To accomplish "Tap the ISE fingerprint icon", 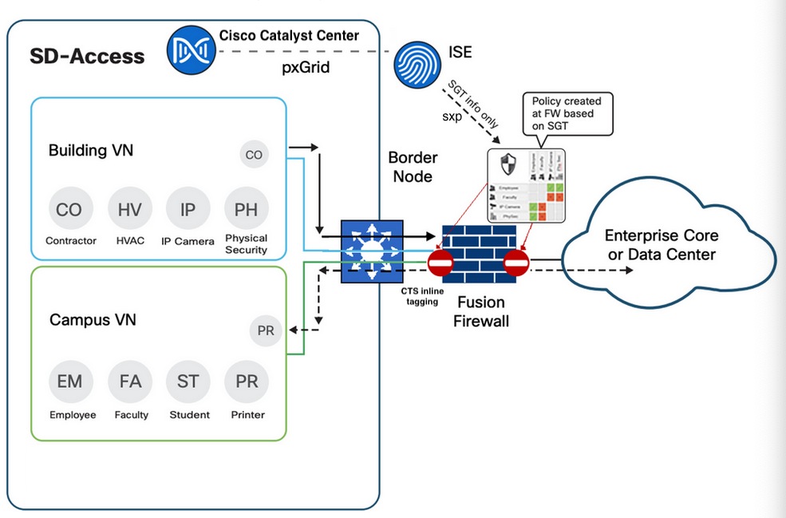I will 417,65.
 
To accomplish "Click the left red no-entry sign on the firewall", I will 441,263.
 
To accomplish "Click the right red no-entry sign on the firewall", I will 515,263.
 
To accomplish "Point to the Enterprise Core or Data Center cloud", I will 661,246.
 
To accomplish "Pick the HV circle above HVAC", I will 129,210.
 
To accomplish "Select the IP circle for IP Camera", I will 188,210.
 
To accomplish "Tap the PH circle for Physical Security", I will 246,210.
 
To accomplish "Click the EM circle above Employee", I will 70,382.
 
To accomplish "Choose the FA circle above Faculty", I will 129,382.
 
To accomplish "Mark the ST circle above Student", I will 188,382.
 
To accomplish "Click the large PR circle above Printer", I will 246,382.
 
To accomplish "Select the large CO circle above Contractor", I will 70,210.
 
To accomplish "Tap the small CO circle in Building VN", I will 254,155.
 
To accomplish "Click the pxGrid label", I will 306,68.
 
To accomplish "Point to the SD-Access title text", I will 87,56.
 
